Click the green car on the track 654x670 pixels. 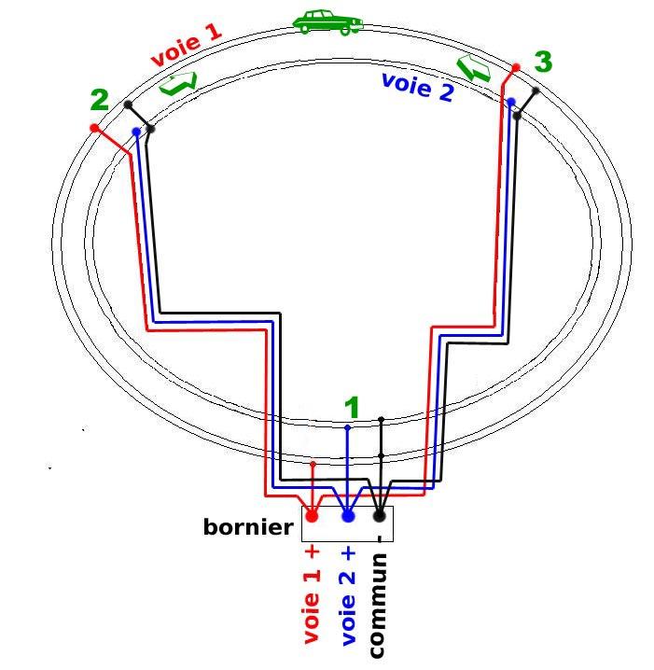pyautogui.click(x=327, y=22)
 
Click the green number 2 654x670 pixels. pyautogui.click(x=100, y=101)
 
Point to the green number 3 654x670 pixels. pyautogui.click(x=543, y=63)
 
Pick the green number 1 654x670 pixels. pyautogui.click(x=352, y=408)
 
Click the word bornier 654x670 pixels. pyautogui.click(x=248, y=527)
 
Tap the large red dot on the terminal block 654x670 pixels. pyautogui.click(x=312, y=515)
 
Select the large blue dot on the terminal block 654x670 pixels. pyautogui.click(x=348, y=515)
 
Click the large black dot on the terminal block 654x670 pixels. pyautogui.click(x=380, y=515)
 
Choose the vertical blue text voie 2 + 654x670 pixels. pyautogui.click(x=348, y=596)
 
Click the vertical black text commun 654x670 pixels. pyautogui.click(x=379, y=605)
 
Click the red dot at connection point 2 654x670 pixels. pyautogui.click(x=94, y=127)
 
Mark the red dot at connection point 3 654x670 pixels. pyautogui.click(x=516, y=67)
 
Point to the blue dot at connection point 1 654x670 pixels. pyautogui.click(x=348, y=428)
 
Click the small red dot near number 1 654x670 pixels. pyautogui.click(x=313, y=464)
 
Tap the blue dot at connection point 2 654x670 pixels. pyautogui.click(x=136, y=132)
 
